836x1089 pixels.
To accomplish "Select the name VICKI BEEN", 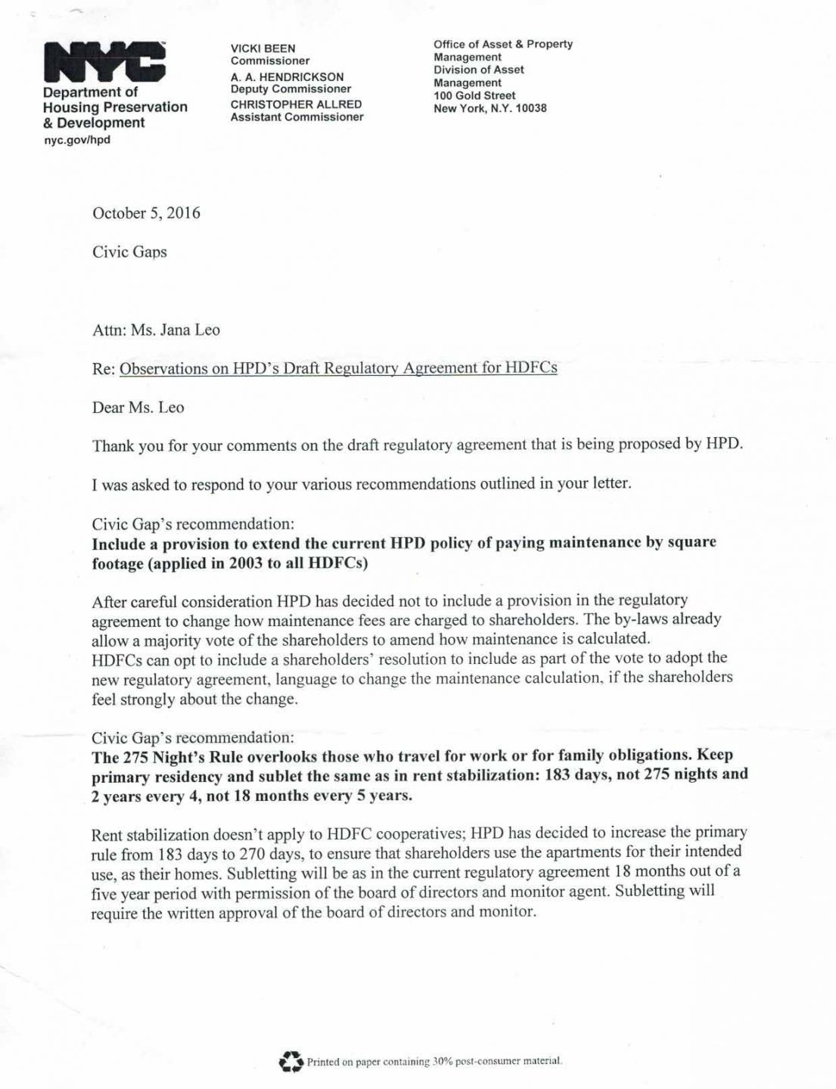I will (x=263, y=48).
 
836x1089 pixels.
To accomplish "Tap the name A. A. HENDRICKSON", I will (x=287, y=76).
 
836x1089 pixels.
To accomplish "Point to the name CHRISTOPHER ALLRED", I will (x=296, y=104).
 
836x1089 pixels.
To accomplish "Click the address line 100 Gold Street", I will (x=474, y=95).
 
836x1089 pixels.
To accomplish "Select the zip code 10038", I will (x=530, y=108).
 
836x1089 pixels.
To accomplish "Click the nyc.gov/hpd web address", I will (x=76, y=140).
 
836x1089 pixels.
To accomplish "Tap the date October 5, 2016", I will (x=146, y=213).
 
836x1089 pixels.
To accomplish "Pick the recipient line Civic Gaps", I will (x=129, y=252).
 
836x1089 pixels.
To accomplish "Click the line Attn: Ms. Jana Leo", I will (x=156, y=330).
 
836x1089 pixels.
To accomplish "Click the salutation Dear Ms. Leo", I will (x=138, y=408).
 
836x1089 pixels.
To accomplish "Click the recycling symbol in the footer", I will (x=291, y=1062).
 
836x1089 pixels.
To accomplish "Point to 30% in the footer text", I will (x=442, y=1062).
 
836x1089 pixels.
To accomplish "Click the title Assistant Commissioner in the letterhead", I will (x=297, y=117).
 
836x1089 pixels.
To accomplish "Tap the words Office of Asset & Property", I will (x=502, y=44).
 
